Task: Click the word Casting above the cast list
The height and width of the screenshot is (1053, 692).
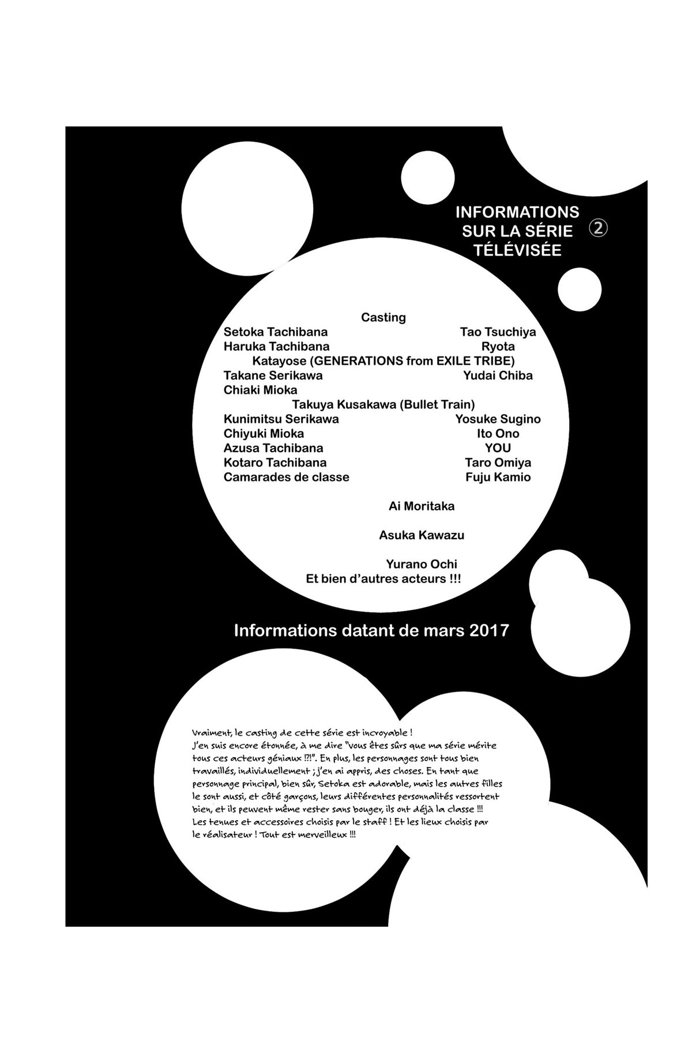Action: pos(383,318)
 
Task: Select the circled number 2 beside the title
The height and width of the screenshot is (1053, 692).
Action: pos(598,228)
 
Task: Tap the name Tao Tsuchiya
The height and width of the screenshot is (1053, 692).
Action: pos(498,332)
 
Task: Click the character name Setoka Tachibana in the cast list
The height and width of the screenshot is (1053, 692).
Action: pos(276,332)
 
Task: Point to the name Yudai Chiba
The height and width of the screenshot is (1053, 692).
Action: pos(498,375)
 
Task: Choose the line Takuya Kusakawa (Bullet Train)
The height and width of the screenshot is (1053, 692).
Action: pos(383,404)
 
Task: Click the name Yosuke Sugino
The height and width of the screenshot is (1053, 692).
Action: pos(498,419)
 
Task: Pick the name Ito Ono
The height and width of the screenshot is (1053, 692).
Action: pos(498,434)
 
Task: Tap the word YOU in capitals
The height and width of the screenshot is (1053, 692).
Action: pos(498,448)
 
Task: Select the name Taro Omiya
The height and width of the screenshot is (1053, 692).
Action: pos(498,462)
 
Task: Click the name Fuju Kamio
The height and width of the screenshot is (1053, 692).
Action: pos(498,477)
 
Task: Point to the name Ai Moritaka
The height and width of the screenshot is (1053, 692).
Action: pos(422,506)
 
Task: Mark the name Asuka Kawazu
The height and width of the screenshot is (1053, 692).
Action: pos(422,535)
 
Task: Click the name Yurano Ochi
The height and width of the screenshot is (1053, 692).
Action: pos(422,564)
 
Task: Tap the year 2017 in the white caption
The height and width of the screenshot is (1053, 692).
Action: pos(489,630)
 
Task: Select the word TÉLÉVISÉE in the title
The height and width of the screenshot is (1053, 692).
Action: pos(517,250)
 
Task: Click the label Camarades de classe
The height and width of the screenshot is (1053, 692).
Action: pos(287,477)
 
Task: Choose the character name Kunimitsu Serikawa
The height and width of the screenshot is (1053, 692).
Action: pos(281,419)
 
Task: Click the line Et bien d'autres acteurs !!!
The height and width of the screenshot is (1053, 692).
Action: pos(383,578)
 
